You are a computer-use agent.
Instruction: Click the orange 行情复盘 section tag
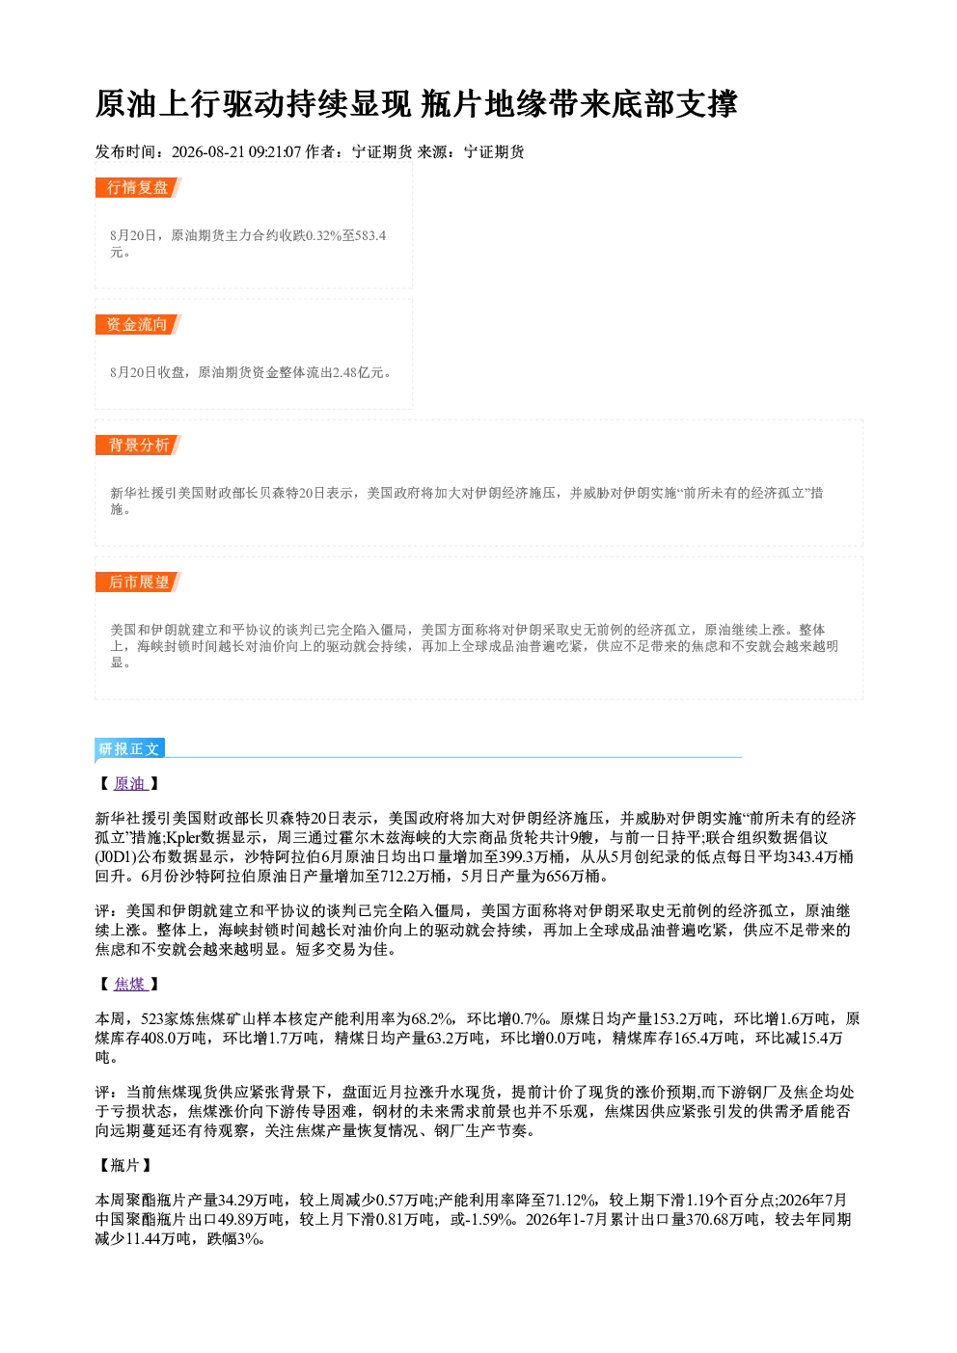(138, 187)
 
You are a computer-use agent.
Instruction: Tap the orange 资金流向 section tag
(138, 324)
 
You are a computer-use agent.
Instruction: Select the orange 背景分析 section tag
(138, 445)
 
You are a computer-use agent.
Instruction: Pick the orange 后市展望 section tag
(138, 582)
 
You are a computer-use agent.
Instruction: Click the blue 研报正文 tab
(129, 749)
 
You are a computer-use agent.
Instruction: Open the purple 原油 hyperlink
(129, 783)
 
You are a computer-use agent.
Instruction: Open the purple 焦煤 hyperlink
(129, 984)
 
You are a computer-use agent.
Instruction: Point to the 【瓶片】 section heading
(124, 1165)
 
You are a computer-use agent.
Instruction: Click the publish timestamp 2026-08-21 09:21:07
(236, 151)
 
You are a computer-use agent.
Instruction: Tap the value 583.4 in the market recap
(370, 235)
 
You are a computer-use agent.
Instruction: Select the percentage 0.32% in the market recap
(324, 235)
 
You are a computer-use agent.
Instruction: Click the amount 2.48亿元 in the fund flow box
(358, 372)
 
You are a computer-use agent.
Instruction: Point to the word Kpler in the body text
(183, 837)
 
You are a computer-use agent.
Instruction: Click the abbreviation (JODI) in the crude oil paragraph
(116, 856)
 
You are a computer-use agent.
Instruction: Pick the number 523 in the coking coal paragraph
(152, 1019)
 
